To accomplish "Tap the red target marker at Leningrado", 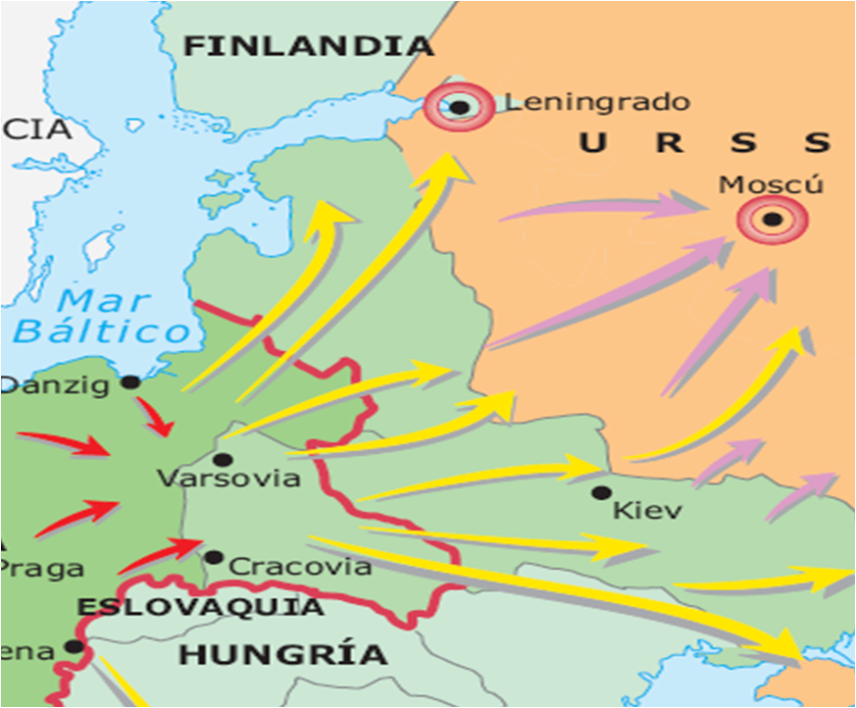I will tap(457, 104).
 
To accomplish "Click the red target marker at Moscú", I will tap(772, 219).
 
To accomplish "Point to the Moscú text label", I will tap(771, 184).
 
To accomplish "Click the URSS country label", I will tap(704, 143).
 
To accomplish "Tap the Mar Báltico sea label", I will tap(101, 315).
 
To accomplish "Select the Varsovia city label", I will tap(228, 480).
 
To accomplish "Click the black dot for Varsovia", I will tap(222, 459).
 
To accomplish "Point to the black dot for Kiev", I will tap(600, 492).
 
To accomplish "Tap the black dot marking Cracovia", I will tap(214, 557).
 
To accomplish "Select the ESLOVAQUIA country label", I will tap(200, 607).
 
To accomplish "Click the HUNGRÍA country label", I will tap(283, 654).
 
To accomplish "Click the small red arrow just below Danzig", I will tap(157, 419).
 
